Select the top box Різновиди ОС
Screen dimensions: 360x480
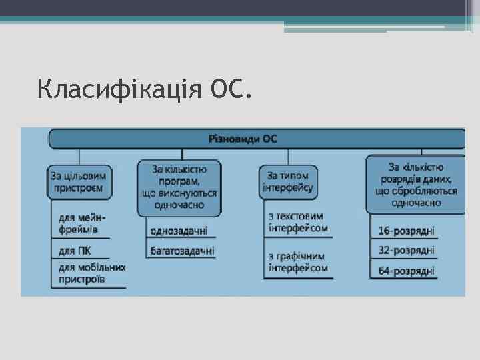coord(257,139)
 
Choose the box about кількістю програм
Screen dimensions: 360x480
coord(179,187)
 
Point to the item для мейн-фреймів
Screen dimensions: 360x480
coord(83,224)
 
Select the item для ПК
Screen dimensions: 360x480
coord(75,251)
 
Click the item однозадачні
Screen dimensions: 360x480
coord(179,231)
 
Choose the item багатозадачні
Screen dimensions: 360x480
coord(182,251)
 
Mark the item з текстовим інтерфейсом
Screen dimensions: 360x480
coord(298,222)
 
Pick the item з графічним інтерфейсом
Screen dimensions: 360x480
coord(298,262)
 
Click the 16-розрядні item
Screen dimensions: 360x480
coord(406,231)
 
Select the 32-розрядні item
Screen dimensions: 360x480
coord(406,251)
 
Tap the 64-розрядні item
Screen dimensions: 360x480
coord(406,271)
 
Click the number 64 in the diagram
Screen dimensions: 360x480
coord(384,271)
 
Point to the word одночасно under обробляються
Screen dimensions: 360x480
coord(416,202)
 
